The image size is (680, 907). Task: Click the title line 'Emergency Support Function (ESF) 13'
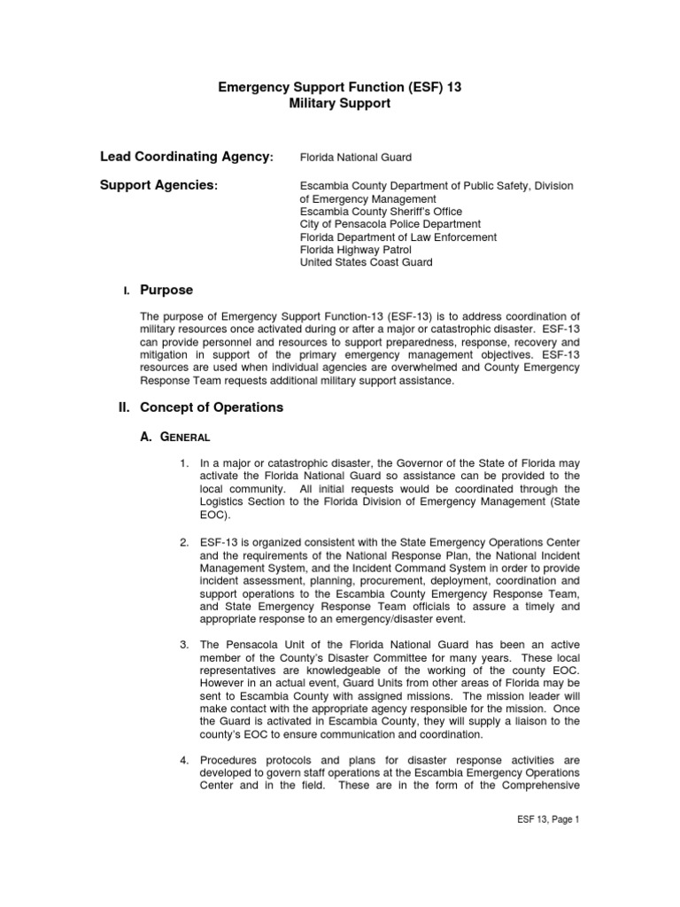[x=340, y=88]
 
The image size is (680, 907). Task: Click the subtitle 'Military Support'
[x=340, y=104]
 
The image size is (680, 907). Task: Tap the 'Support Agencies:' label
[x=159, y=185]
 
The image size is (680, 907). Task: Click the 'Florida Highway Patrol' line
[x=356, y=250]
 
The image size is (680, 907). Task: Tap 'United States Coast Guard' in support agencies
[x=367, y=262]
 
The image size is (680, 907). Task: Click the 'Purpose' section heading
[x=166, y=291]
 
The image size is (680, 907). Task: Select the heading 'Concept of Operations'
[x=212, y=407]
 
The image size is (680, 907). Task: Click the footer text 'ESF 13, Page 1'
[x=547, y=820]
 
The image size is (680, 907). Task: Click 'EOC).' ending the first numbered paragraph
[x=215, y=515]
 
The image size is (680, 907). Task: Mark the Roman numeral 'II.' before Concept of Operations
[x=126, y=407]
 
